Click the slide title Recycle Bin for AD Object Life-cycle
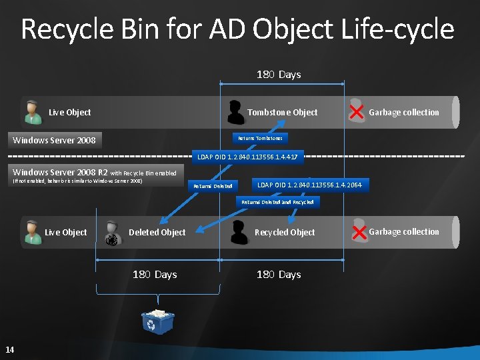coord(237,29)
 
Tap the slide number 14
coord(10,350)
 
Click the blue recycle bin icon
coord(157,321)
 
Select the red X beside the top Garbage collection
coord(357,112)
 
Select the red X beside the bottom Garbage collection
coord(359,232)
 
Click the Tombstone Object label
coord(282,112)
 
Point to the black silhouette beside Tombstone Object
coord(235,112)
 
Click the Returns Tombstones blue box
coord(260,138)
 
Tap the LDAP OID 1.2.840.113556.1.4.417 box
coord(247,157)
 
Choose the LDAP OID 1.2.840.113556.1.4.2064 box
coord(309,184)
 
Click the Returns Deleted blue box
coord(213,186)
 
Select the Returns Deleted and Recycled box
coord(277,201)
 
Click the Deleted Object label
coord(157,232)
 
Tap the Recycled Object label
coord(285,232)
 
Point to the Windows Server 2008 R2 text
coord(60,172)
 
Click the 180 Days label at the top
coord(279,75)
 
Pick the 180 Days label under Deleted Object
coord(155,275)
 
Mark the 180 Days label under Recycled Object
coord(279,275)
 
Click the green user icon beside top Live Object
coord(31,112)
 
